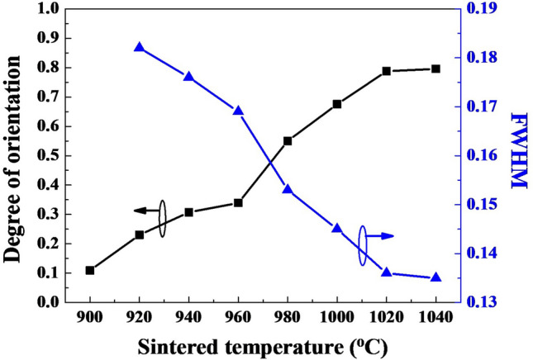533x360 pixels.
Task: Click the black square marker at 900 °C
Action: [x=90, y=270]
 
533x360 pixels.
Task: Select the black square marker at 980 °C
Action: [x=288, y=141]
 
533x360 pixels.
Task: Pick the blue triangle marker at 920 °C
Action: [x=139, y=47]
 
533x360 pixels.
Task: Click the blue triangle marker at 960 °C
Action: [x=238, y=111]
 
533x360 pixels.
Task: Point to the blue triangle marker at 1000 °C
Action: [x=337, y=227]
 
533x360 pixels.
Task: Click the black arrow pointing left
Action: [x=145, y=211]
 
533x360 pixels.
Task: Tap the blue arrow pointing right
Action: [x=381, y=236]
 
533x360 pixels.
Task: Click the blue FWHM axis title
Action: [x=518, y=152]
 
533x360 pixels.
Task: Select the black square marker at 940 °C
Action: [x=188, y=212]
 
